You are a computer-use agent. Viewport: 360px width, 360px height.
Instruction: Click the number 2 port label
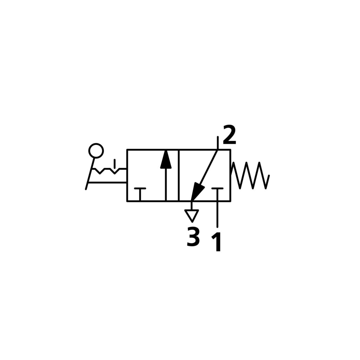tap(229, 135)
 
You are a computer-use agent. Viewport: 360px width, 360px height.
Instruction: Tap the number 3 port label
tap(193, 237)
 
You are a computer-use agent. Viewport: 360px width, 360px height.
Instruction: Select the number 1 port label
tap(217, 242)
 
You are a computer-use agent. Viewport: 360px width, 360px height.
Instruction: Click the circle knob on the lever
tap(96, 150)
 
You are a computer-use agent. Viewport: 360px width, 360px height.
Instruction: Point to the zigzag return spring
tap(250, 176)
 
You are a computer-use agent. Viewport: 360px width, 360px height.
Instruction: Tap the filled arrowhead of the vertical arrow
tap(166, 160)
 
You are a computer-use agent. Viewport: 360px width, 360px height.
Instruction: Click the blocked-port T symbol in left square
tap(140, 194)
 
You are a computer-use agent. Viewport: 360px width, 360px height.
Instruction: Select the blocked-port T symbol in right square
tap(217, 194)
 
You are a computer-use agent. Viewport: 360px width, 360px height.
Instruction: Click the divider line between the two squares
tap(179, 176)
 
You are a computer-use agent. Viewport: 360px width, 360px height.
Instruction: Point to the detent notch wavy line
tap(109, 171)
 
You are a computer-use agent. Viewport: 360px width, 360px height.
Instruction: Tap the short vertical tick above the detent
tap(115, 163)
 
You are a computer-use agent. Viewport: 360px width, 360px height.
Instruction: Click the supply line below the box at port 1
tap(217, 214)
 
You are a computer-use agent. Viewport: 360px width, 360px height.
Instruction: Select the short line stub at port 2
tap(218, 143)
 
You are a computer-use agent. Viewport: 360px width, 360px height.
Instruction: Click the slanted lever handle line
tap(90, 174)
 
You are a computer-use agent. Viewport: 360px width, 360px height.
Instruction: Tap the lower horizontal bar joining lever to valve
tap(108, 182)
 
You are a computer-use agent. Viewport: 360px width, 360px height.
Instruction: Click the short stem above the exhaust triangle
tap(192, 206)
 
